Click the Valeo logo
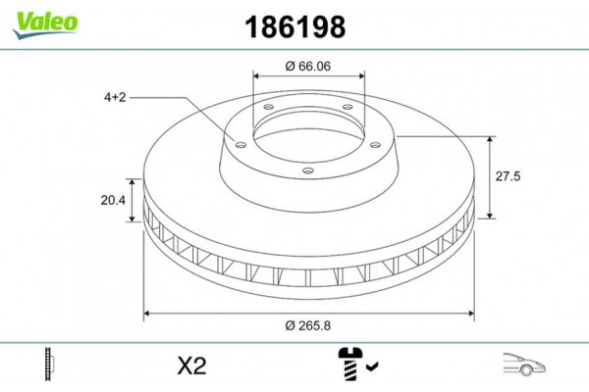pyautogui.click(x=45, y=24)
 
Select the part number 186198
pyautogui.click(x=294, y=27)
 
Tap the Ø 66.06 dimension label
pyautogui.click(x=308, y=66)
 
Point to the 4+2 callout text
pyautogui.click(x=115, y=98)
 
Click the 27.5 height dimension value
pyautogui.click(x=508, y=176)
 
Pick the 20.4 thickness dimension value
pyautogui.click(x=113, y=200)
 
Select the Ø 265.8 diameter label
pyautogui.click(x=308, y=325)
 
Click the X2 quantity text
pyautogui.click(x=191, y=366)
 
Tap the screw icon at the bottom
pyautogui.click(x=350, y=364)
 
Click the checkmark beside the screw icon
pyautogui.click(x=373, y=366)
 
